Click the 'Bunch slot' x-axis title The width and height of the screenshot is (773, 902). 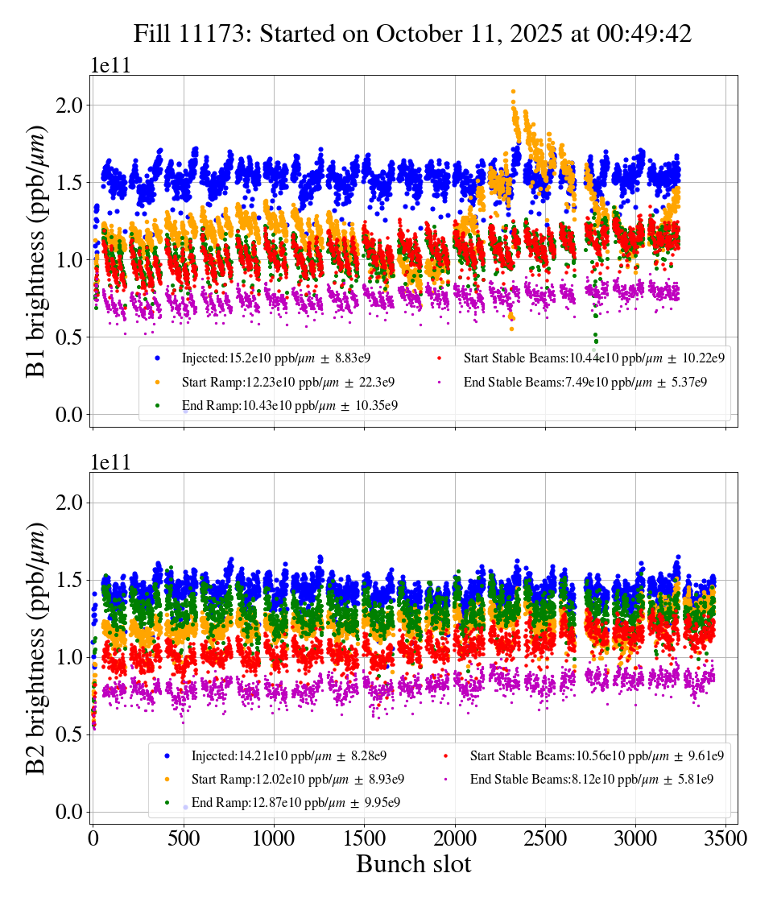tap(413, 863)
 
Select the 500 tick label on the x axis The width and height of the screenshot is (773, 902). tap(183, 838)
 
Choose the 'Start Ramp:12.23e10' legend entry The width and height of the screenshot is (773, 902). tap(287, 382)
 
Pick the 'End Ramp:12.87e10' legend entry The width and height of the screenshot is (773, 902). tap(297, 802)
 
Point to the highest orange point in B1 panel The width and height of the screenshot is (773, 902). tap(513, 92)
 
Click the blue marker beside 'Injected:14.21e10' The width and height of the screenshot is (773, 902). tap(167, 755)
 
